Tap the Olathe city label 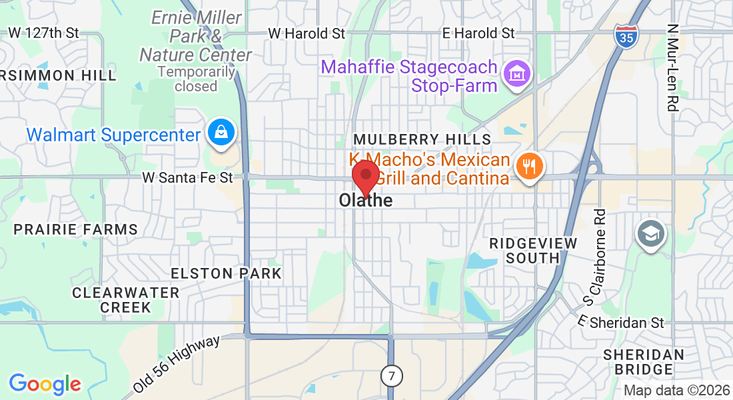coord(365,200)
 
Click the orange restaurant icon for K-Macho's coord(530,165)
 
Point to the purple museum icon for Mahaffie coord(516,73)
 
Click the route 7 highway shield coord(392,376)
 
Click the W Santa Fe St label coord(188,177)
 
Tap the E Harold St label coord(479,33)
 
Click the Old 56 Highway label coord(176,364)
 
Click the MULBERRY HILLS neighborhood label coord(422,139)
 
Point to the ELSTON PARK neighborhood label coord(227,273)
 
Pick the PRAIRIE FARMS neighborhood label coord(76,229)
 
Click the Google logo coord(45,383)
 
